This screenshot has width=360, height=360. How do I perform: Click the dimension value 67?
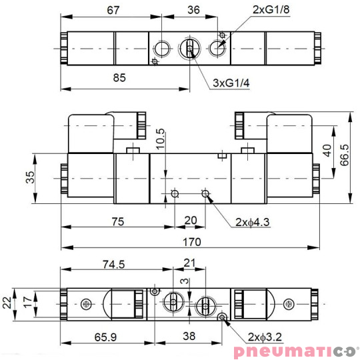(x=113, y=10)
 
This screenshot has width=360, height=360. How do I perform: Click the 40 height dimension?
(x=327, y=150)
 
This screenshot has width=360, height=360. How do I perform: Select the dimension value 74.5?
(x=113, y=264)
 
